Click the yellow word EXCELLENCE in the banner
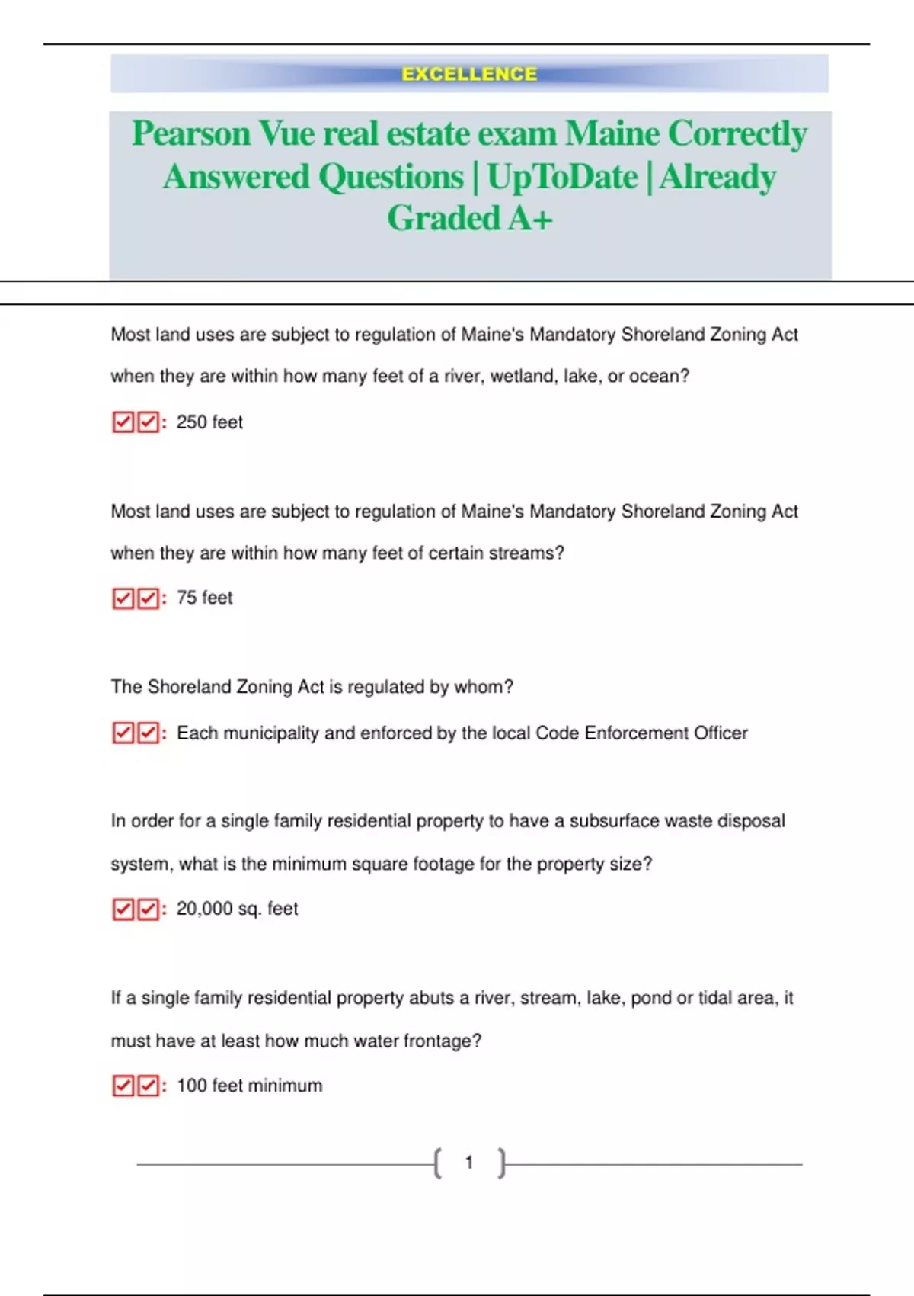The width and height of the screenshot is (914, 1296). click(469, 74)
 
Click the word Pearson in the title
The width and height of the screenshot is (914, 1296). click(191, 134)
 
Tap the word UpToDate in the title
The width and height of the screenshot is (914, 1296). click(562, 178)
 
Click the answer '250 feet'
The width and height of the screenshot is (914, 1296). click(209, 422)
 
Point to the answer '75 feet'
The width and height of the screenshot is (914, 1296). click(204, 598)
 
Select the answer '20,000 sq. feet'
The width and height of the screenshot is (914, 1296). click(237, 909)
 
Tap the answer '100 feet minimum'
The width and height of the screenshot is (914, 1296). click(249, 1086)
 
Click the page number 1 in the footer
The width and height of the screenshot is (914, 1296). click(469, 1163)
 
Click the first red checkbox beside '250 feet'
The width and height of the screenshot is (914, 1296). click(123, 422)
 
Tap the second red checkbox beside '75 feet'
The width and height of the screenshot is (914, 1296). click(149, 598)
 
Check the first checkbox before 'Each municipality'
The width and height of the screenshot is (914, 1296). click(123, 733)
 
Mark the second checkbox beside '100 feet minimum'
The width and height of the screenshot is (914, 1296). click(149, 1086)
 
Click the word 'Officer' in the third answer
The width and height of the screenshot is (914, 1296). click(721, 733)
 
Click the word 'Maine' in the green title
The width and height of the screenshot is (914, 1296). click(612, 134)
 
